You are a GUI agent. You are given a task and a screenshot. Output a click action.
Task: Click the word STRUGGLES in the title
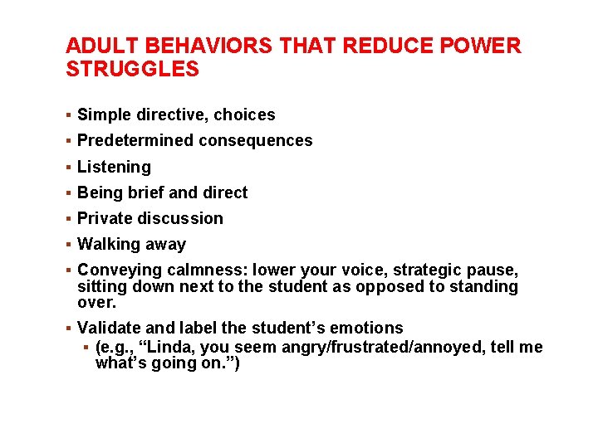(132, 69)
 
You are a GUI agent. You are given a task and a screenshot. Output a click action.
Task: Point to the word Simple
(104, 115)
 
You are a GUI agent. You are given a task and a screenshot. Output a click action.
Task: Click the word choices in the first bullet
(245, 115)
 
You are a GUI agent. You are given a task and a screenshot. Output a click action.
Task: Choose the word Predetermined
(135, 141)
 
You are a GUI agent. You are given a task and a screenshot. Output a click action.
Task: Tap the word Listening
(114, 167)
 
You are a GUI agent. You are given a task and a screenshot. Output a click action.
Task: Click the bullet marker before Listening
(69, 167)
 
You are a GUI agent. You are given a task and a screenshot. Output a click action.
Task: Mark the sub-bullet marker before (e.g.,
(87, 347)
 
